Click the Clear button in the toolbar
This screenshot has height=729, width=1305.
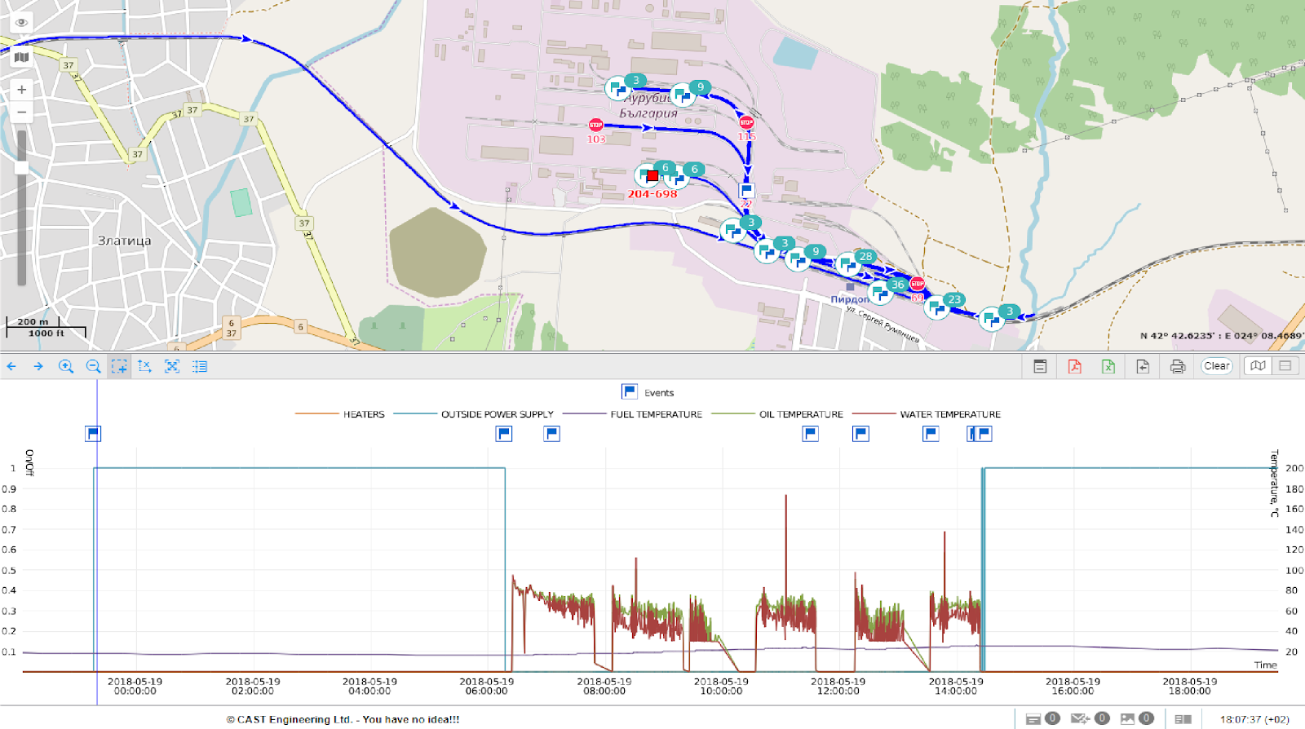1216,366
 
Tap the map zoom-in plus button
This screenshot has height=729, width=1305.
22,90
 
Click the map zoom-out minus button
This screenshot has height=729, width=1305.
22,113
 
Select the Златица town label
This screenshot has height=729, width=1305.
124,241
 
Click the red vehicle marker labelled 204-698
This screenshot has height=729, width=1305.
652,176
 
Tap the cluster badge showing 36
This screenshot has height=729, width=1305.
898,285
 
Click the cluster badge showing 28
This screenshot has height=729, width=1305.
865,256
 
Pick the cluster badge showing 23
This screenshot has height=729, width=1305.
954,299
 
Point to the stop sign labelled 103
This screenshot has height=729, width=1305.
596,126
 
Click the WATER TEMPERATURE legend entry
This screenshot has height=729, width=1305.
949,414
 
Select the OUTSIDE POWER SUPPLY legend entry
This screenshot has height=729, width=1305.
497,414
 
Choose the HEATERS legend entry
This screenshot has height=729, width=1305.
363,414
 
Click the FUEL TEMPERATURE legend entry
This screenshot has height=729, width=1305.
656,414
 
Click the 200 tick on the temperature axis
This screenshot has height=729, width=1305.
1294,468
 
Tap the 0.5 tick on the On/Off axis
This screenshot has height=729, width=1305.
9,570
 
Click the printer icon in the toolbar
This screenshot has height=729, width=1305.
1177,366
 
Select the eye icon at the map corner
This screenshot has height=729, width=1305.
22,23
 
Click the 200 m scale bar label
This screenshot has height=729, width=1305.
33,322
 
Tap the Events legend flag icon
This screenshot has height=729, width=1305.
630,392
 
